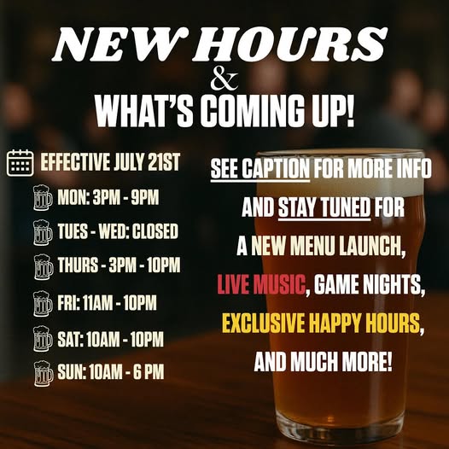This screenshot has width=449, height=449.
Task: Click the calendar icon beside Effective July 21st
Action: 20,162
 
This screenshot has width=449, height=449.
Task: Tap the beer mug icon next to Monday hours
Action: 43,198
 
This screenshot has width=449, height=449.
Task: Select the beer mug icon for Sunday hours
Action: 43,372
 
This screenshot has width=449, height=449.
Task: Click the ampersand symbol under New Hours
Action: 224,82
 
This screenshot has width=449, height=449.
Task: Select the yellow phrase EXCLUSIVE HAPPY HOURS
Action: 323,324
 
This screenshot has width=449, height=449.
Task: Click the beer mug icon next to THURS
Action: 43,267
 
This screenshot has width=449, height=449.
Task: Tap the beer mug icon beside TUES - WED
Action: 43,232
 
